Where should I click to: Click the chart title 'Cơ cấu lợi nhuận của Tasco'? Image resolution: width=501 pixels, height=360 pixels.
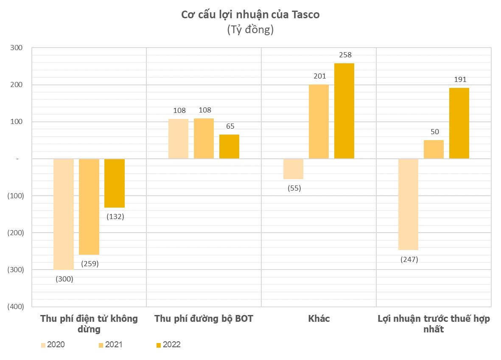coord(250,15)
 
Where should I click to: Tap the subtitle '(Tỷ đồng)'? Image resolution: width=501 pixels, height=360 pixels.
coord(250,30)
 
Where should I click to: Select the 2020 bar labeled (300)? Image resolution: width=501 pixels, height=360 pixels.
coord(64,214)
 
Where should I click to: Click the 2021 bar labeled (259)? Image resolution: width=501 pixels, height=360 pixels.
coord(89,207)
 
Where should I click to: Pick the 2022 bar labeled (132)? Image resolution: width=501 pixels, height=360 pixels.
coord(115,183)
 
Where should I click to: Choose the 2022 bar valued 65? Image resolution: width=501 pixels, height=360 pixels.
coord(229,146)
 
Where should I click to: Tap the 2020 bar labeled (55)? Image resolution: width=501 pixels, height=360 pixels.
coord(293,169)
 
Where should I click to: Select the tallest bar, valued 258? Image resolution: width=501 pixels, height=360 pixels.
coord(344,111)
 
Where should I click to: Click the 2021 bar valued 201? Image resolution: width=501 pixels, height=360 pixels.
coord(319,122)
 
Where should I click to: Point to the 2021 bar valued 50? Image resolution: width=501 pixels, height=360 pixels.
coord(434,149)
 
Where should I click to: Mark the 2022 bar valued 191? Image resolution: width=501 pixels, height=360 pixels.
coord(459,123)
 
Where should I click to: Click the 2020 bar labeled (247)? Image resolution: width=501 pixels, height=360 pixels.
coord(408,204)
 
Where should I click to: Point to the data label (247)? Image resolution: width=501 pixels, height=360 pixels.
coord(409,259)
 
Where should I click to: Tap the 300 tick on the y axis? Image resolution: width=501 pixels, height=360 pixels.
coord(17,48)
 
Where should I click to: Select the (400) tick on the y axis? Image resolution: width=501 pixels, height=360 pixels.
coord(16,307)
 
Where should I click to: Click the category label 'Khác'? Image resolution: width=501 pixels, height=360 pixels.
coord(319,319)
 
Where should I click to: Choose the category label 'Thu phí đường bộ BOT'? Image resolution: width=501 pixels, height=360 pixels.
coord(204,319)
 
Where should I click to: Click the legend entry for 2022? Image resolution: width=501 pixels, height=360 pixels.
coord(168,345)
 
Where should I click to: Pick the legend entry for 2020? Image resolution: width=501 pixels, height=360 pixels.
coord(53,345)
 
